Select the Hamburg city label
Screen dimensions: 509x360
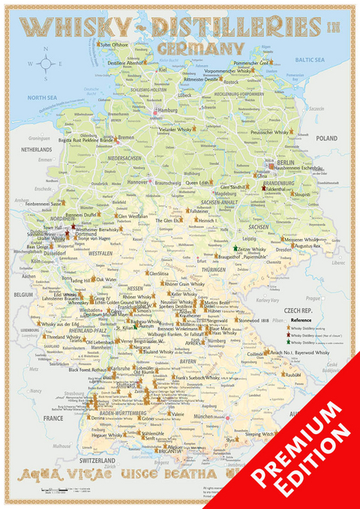[x=169, y=109]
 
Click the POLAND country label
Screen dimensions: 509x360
[x=327, y=139]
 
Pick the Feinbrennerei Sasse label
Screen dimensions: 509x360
[x=43, y=203]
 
